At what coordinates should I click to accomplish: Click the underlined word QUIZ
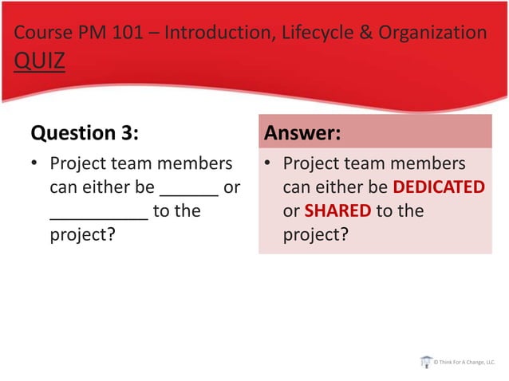tap(38, 61)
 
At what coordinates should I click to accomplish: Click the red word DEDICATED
tap(439, 188)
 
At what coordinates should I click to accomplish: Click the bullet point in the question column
tap(34, 164)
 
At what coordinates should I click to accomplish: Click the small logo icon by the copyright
tap(426, 362)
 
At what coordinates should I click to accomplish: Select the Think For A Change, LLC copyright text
tap(465, 363)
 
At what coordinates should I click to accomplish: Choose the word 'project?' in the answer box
tap(317, 236)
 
